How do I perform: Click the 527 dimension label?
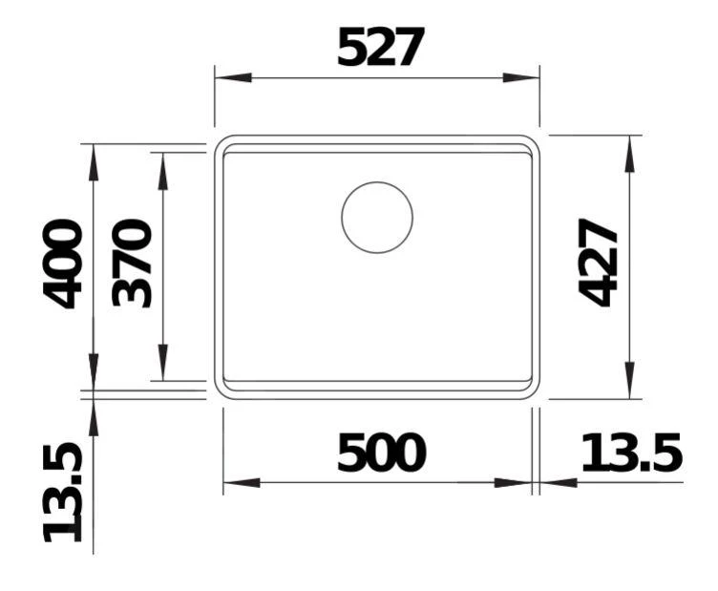tap(380, 47)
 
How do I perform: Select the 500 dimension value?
tap(380, 454)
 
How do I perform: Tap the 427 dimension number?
tap(599, 263)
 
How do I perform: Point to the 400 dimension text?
tap(64, 264)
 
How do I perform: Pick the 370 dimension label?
tap(133, 264)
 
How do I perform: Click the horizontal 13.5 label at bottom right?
tap(631, 454)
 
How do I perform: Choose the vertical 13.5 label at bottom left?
tap(64, 493)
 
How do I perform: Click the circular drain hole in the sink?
tap(377, 218)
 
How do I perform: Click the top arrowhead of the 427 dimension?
tap(629, 153)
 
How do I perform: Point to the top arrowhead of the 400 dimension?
tap(93, 161)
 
